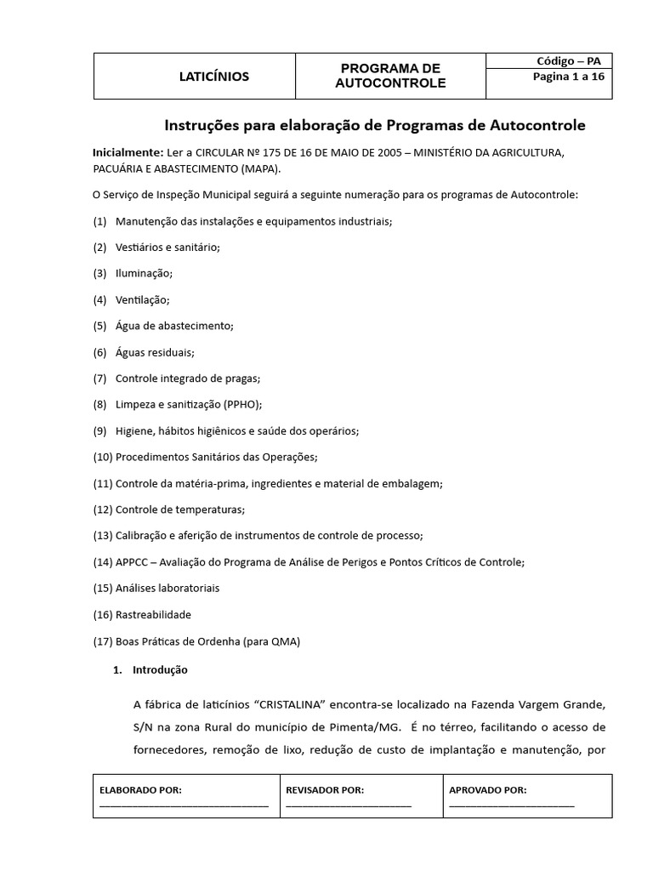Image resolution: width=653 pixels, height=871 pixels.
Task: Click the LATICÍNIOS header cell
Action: (x=214, y=77)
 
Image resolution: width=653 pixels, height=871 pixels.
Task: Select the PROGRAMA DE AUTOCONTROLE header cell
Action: (x=390, y=76)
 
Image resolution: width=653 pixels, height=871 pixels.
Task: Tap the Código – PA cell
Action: (x=568, y=61)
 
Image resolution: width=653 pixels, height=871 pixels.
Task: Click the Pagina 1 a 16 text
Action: (x=568, y=77)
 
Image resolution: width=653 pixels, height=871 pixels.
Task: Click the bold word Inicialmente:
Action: (x=128, y=152)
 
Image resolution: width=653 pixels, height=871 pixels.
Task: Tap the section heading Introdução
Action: (x=160, y=669)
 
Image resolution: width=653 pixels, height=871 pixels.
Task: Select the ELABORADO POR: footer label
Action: (x=141, y=790)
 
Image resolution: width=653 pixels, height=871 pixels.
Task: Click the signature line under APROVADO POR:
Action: (x=512, y=805)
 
